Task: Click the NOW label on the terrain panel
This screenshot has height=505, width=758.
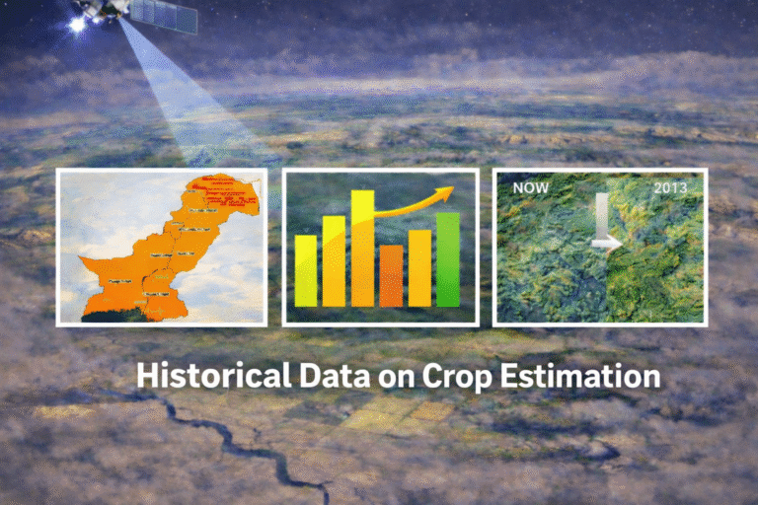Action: (525, 185)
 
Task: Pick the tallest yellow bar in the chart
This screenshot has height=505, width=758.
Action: (362, 249)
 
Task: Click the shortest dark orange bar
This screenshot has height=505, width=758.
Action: (391, 275)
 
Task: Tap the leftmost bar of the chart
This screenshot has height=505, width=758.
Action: (306, 270)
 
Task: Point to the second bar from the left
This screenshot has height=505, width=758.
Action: (334, 260)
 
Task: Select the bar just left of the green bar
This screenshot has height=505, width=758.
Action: (419, 267)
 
